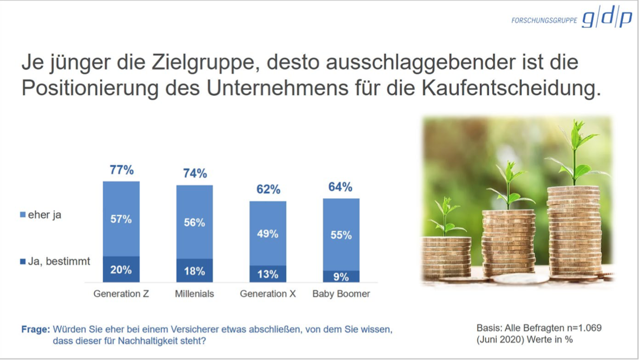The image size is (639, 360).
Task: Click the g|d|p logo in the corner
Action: [607, 19]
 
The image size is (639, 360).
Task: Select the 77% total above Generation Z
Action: [121, 170]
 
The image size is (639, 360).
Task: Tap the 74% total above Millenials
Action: [194, 173]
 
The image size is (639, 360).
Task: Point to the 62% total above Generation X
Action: [268, 189]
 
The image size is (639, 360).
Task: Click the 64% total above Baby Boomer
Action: [341, 187]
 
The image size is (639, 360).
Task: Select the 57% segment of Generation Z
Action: [121, 219]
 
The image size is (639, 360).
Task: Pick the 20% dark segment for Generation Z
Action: [121, 269]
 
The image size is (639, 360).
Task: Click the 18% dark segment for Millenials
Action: [194, 271]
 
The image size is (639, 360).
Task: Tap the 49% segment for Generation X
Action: [268, 233]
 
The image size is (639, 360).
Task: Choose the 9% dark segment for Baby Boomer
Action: [341, 277]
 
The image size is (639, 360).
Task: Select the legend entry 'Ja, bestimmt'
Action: [59, 261]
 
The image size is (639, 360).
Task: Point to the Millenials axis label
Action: [194, 294]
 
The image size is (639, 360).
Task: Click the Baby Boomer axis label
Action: [341, 294]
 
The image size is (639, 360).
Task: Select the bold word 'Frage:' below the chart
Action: [35, 329]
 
